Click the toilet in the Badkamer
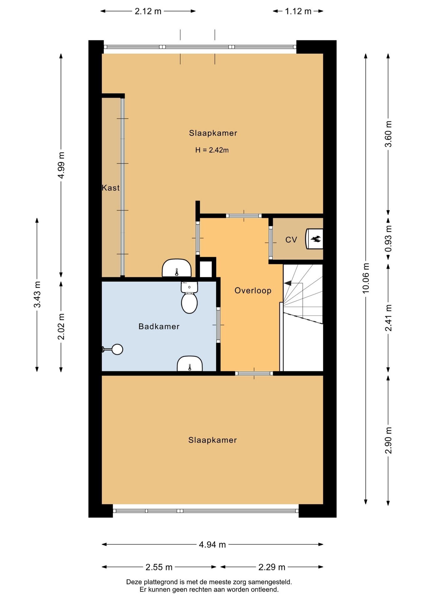(189, 297)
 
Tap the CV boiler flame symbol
(315, 239)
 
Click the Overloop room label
(253, 290)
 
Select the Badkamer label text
(159, 326)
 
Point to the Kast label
(111, 188)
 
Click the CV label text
(291, 240)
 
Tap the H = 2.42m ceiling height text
(212, 150)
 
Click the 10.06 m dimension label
(366, 278)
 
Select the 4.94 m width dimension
(212, 545)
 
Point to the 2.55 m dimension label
(159, 567)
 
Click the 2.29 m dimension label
(272, 567)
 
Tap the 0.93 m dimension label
(388, 239)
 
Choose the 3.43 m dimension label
(37, 295)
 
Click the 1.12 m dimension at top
(298, 11)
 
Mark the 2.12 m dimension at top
(148, 11)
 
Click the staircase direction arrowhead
(287, 283)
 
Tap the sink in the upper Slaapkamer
(177, 268)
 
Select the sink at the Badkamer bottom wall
(190, 364)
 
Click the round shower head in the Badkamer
(117, 349)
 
